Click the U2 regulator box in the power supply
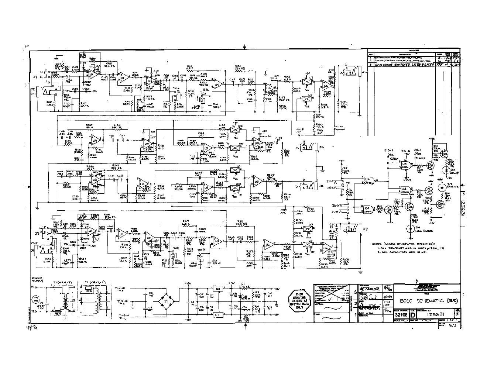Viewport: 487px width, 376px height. point(218,288)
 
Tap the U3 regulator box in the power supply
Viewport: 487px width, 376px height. point(218,314)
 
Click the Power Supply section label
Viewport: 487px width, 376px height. point(37,279)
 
